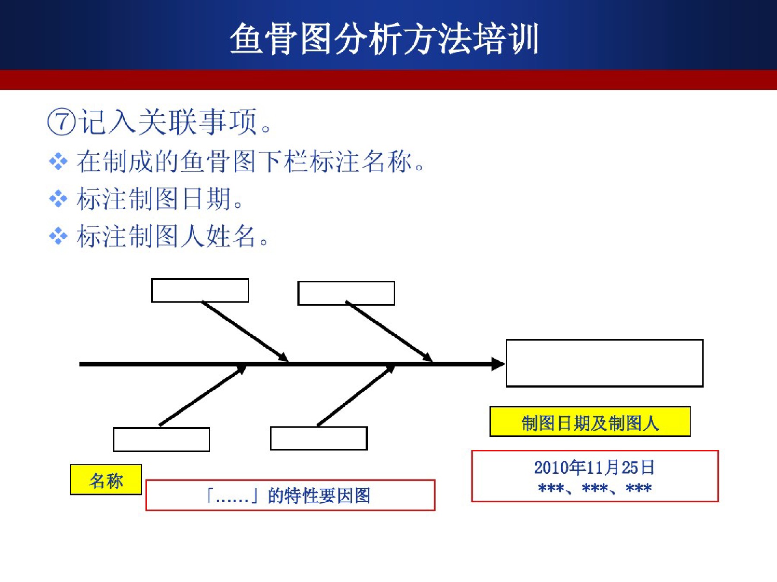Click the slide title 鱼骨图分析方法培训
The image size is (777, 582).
384,39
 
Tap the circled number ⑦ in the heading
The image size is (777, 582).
61,122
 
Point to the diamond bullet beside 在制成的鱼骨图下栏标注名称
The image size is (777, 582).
58,162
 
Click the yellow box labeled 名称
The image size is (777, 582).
106,480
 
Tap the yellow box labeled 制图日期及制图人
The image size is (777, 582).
590,422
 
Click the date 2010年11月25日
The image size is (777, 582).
594,467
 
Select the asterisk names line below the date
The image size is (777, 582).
595,488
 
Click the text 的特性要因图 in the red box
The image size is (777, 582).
319,495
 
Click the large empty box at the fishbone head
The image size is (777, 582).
604,363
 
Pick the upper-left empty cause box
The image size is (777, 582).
200,290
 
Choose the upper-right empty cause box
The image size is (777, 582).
346,293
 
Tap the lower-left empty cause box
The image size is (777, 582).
161,439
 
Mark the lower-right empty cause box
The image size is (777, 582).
319,438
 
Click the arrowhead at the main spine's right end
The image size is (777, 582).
498,364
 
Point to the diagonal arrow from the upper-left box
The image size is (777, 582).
245,331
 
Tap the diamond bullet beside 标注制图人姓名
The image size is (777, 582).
58,236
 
